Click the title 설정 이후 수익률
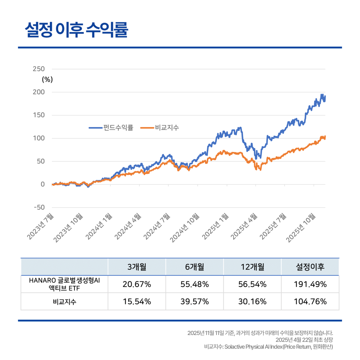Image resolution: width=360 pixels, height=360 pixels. (76, 30)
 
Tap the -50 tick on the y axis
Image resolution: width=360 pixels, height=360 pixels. (38, 207)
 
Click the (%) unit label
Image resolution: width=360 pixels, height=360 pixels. (47, 79)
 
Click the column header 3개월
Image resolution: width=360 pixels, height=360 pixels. (137, 267)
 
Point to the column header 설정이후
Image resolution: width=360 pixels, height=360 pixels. (310, 267)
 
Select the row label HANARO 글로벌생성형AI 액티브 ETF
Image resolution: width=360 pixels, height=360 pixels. (64, 284)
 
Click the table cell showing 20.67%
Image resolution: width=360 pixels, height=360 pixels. (137, 284)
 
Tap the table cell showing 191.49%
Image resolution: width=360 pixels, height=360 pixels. (310, 284)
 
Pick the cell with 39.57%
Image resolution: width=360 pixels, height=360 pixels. (195, 301)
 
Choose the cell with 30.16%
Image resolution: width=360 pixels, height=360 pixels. (252, 301)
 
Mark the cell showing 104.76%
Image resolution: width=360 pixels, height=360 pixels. (310, 301)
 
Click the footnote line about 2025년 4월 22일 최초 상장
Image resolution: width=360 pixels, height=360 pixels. (304, 340)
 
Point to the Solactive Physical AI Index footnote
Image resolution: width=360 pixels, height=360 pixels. (268, 347)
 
